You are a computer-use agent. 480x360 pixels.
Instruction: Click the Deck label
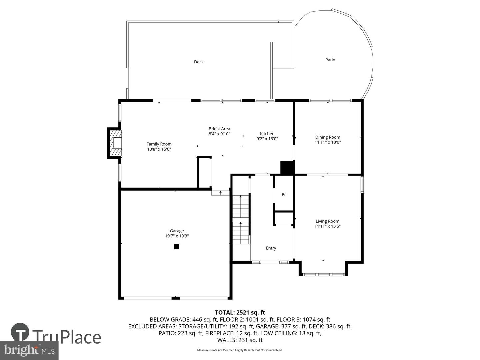click(199, 62)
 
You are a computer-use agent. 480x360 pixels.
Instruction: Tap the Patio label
click(330, 60)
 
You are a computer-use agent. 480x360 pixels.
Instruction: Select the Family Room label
click(159, 144)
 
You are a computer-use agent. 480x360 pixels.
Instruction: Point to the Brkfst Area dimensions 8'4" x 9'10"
click(219, 134)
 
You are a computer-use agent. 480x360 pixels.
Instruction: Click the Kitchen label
click(267, 134)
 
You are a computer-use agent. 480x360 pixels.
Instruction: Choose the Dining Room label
click(328, 137)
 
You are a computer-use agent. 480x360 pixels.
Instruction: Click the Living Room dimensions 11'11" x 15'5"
click(328, 226)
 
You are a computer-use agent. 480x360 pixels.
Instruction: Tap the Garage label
click(177, 231)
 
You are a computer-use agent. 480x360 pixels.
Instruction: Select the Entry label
click(271, 248)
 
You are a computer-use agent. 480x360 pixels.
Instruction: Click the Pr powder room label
click(284, 194)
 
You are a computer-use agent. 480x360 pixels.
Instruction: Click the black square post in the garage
click(176, 247)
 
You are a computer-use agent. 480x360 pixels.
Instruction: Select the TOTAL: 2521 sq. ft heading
click(240, 312)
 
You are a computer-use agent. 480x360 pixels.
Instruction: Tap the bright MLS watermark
click(29, 350)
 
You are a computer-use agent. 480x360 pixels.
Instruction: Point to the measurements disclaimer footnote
click(240, 350)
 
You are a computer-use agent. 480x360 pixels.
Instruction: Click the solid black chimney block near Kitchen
click(287, 168)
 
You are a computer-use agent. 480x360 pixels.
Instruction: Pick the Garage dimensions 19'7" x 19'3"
click(177, 236)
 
